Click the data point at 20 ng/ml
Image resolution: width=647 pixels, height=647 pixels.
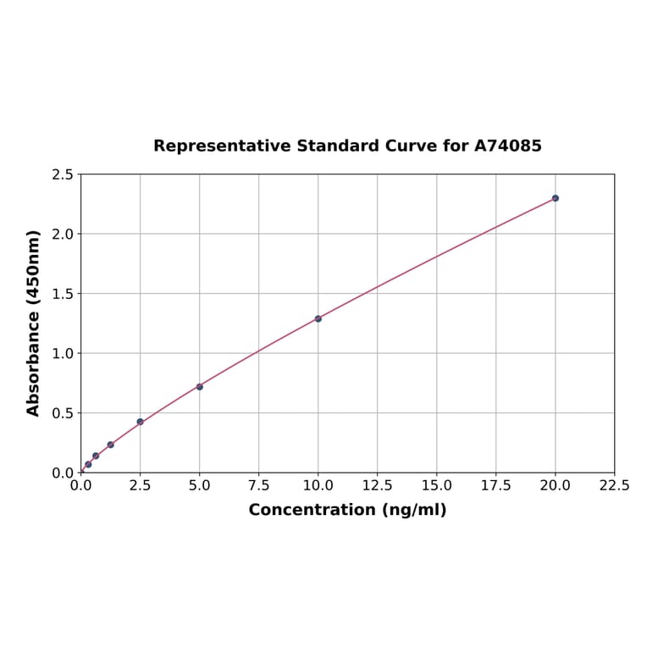(556, 198)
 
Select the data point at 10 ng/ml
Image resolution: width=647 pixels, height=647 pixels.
(318, 318)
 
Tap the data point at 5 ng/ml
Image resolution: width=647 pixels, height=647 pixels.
(200, 387)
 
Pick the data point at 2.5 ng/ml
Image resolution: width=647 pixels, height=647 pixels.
(141, 422)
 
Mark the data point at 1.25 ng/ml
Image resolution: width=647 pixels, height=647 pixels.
(111, 445)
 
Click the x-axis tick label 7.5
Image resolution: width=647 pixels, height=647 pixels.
(259, 486)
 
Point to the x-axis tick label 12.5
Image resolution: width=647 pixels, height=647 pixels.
(378, 486)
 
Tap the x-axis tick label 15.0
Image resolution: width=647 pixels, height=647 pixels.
(437, 486)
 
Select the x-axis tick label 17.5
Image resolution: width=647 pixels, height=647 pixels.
(496, 486)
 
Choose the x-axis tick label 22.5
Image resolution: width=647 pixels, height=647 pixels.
(615, 486)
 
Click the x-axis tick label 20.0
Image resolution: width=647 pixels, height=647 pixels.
(556, 486)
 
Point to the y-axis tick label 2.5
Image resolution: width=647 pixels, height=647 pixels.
(63, 174)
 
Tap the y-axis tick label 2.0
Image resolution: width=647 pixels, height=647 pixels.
(63, 234)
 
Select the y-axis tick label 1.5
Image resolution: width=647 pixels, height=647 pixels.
(63, 294)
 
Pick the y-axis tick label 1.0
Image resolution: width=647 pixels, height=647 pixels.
(63, 353)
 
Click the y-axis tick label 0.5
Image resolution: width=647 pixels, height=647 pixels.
(63, 413)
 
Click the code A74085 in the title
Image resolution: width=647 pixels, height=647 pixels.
(508, 146)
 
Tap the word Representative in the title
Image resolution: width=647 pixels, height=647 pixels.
(223, 146)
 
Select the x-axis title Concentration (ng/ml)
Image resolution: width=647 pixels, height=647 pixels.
(347, 510)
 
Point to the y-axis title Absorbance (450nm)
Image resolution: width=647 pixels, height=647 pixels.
(34, 323)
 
